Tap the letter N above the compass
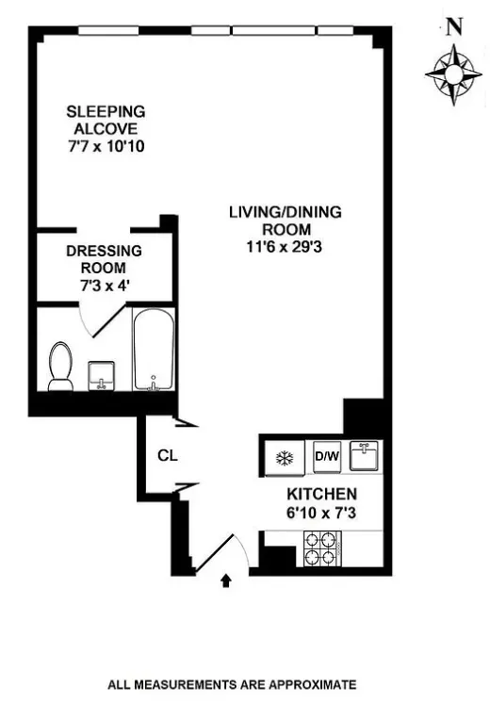click(453, 27)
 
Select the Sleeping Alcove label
click(104, 121)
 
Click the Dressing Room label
click(104, 259)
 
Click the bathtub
click(153, 352)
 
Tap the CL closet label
click(167, 456)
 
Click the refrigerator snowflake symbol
click(282, 459)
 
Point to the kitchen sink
click(367, 457)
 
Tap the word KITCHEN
click(321, 494)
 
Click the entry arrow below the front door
click(225, 581)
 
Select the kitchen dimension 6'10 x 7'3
click(321, 515)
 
